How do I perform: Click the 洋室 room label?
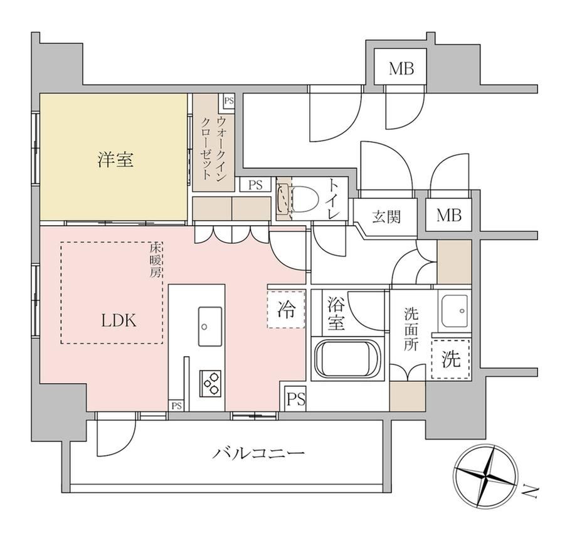click(x=115, y=161)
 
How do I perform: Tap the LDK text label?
click(x=119, y=320)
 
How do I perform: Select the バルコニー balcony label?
click(x=258, y=453)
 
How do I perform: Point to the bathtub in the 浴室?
click(x=347, y=359)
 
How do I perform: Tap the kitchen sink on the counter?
click(x=210, y=327)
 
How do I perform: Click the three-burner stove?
click(x=211, y=383)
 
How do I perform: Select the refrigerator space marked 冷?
click(x=286, y=309)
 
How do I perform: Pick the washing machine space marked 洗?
click(x=451, y=359)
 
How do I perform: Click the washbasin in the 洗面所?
click(x=455, y=311)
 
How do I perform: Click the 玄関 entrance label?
click(x=386, y=216)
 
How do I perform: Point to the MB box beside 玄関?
click(x=448, y=215)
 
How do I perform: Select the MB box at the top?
click(x=401, y=68)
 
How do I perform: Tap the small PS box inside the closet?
click(x=228, y=101)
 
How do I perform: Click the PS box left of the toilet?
click(x=255, y=184)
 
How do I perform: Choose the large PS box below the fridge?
click(x=296, y=399)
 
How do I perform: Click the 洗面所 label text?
click(x=411, y=330)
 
